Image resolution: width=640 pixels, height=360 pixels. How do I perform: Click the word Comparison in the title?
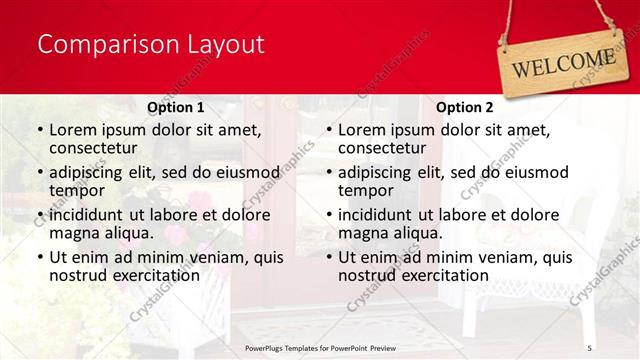click(x=95, y=45)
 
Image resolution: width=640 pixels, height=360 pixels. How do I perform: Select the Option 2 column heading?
click(x=464, y=107)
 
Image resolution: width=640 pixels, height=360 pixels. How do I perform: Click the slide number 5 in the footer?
click(x=590, y=346)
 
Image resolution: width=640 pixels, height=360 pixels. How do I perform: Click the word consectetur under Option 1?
click(x=93, y=148)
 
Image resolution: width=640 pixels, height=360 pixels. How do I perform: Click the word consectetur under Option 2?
click(x=382, y=148)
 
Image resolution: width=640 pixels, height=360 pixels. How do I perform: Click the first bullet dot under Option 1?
click(x=39, y=131)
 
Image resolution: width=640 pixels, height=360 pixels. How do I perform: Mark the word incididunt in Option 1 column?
click(x=86, y=215)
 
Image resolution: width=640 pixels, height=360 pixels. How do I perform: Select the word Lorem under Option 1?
click(x=73, y=130)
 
